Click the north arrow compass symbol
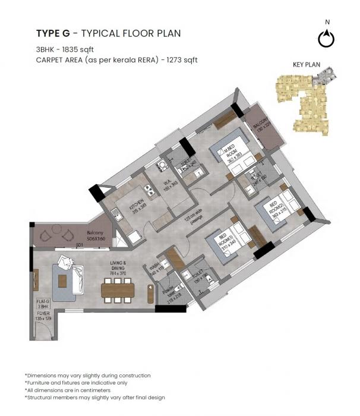pyautogui.click(x=326, y=38)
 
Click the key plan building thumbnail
pyautogui.click(x=304, y=102)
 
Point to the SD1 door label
pyautogui.click(x=78, y=245)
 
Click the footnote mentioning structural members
pyautogui.click(x=94, y=397)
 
